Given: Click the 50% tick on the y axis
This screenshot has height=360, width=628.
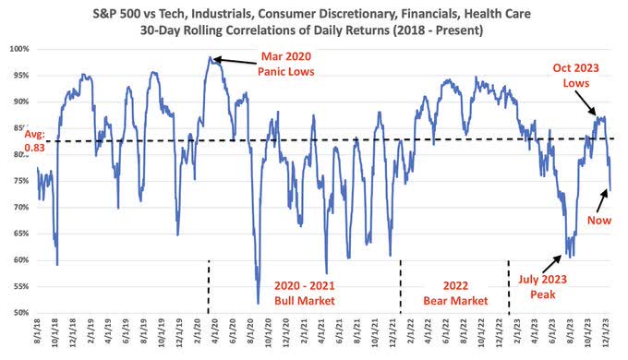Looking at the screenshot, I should [19, 313].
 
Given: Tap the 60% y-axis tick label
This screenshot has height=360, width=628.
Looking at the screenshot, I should [19, 260].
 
